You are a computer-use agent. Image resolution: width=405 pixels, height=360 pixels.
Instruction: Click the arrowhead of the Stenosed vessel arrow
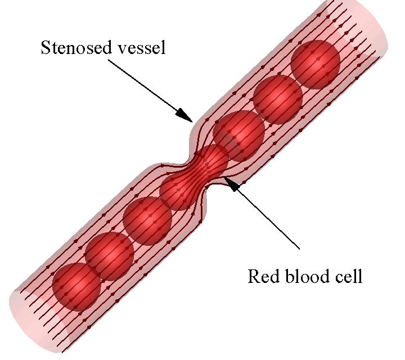click(184, 115)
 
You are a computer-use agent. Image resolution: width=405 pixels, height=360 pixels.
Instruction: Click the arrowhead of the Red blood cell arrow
click(230, 184)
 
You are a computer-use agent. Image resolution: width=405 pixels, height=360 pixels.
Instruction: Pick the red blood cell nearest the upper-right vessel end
click(315, 64)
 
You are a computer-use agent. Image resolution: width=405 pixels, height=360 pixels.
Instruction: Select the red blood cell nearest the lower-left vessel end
click(76, 287)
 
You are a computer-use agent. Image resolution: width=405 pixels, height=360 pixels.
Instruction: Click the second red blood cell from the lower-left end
click(110, 256)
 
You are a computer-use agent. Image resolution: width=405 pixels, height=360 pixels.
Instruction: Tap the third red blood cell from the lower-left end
click(147, 221)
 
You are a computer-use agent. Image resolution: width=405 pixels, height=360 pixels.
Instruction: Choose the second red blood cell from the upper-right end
click(278, 100)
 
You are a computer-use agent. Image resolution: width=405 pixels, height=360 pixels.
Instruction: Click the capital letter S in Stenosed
click(46, 47)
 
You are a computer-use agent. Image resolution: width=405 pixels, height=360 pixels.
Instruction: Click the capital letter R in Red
click(254, 276)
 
